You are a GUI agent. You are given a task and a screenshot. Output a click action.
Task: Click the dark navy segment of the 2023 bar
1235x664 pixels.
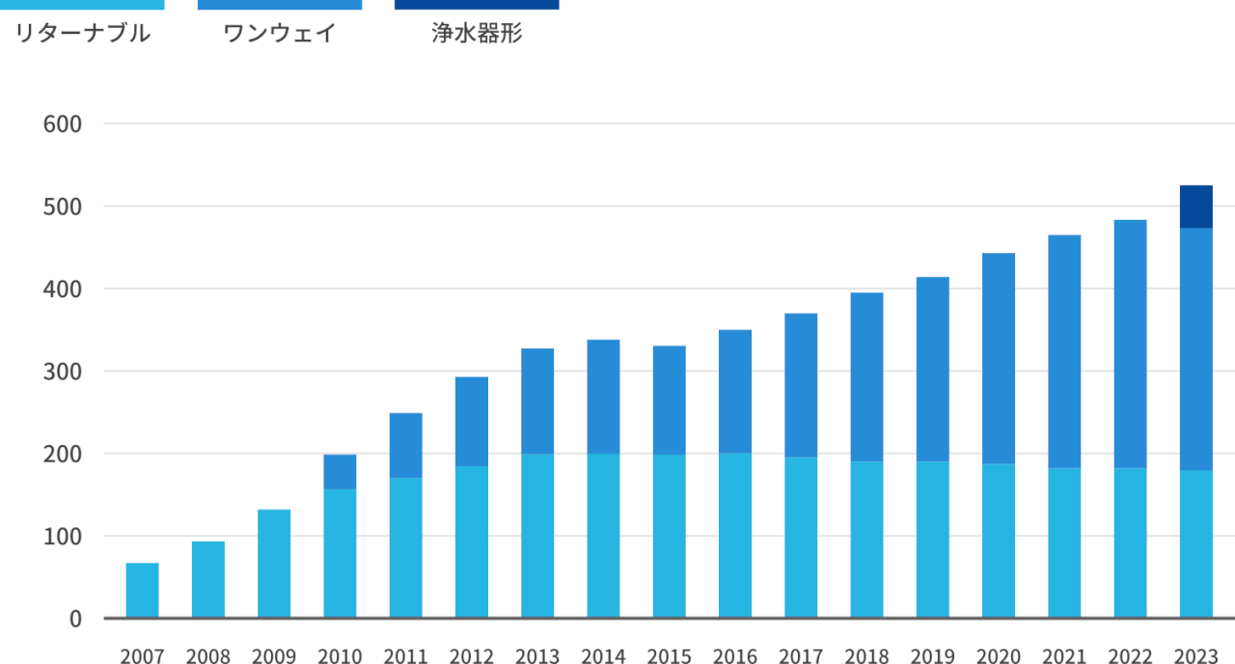[1195, 207]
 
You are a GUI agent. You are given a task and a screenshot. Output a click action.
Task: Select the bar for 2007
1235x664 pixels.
[143, 591]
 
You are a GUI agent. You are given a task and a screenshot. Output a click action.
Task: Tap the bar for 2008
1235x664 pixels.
[208, 580]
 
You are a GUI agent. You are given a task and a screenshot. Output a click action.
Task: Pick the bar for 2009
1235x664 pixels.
[274, 564]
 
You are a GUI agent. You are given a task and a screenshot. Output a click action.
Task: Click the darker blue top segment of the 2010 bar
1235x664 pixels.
[340, 472]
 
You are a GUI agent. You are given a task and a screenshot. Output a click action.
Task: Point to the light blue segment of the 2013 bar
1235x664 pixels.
[537, 536]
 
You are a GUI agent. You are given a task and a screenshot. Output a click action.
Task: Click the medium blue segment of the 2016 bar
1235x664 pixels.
[735, 392]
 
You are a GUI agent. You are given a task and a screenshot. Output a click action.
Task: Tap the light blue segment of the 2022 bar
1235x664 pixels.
[1130, 543]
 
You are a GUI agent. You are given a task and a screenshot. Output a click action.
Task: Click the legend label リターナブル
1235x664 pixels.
[83, 34]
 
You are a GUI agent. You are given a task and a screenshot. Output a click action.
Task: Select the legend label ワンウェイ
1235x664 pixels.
[280, 34]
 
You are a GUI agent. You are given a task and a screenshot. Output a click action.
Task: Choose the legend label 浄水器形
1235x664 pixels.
[477, 34]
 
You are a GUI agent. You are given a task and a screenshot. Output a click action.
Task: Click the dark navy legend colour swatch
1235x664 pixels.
[477, 5]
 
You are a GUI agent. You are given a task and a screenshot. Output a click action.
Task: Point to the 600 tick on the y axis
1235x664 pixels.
[63, 124]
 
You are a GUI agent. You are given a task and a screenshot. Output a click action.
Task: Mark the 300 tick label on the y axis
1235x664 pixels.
[63, 372]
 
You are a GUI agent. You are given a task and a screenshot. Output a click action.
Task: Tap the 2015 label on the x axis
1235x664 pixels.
[669, 656]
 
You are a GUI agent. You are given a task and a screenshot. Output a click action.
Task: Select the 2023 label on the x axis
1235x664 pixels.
[1195, 656]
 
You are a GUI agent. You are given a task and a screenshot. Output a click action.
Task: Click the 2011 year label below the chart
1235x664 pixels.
[405, 656]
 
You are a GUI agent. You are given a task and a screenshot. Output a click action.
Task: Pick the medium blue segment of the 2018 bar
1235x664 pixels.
[866, 377]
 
